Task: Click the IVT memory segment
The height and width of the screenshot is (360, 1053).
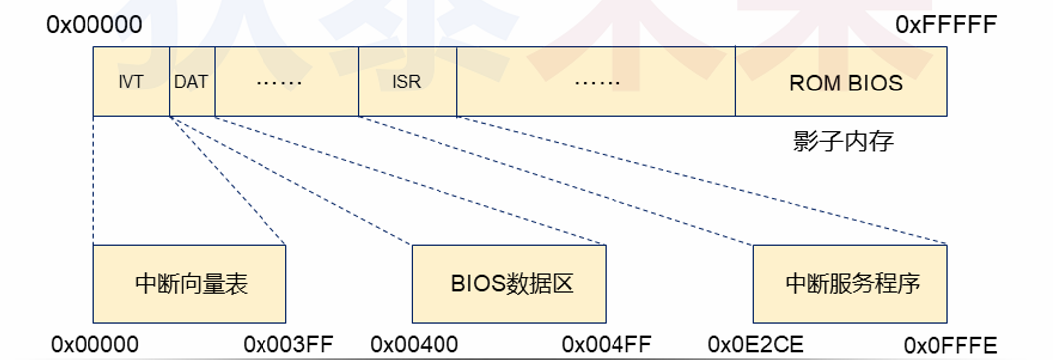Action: click(x=131, y=82)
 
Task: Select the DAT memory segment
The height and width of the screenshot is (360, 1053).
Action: click(x=191, y=82)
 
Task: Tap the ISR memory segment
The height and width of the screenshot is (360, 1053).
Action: click(x=407, y=82)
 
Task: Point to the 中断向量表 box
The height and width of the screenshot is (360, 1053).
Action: click(x=190, y=283)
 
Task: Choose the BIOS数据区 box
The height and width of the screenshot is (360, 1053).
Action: click(x=509, y=283)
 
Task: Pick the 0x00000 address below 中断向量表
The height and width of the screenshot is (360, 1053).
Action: click(x=95, y=344)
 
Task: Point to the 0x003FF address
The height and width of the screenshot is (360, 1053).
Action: click(x=288, y=344)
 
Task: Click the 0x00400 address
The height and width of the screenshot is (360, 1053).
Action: click(x=415, y=344)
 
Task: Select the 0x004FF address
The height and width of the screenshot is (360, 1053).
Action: click(x=608, y=344)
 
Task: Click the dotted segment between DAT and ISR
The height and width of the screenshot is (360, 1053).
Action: click(x=285, y=82)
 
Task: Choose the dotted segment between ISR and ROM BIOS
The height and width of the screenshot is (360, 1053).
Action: click(x=596, y=82)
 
